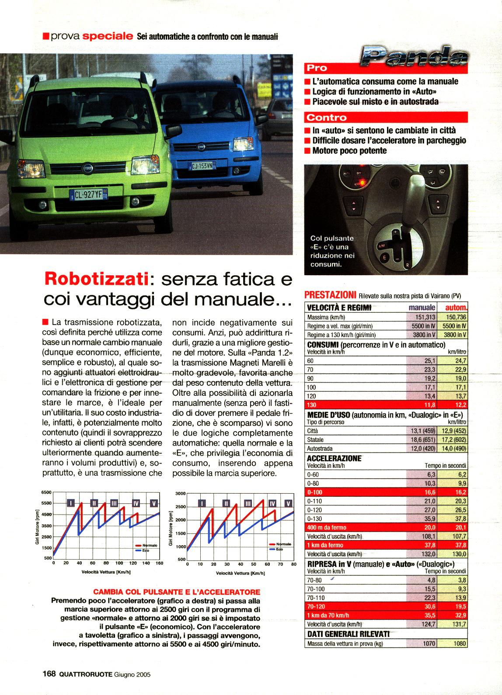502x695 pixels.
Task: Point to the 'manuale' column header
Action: tap(422, 308)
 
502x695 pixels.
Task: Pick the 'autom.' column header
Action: tap(456, 308)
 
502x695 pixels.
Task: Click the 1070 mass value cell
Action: tap(429, 643)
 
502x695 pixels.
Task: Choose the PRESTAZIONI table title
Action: tap(330, 295)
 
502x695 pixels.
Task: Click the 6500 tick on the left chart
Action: tap(46, 492)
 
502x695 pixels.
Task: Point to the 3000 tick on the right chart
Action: tap(181, 493)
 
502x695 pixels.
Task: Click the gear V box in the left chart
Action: tap(154, 503)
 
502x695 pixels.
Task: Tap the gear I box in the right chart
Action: tap(202, 504)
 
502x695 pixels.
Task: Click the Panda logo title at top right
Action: tap(413, 56)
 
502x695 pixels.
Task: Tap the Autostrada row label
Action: tap(320, 449)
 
